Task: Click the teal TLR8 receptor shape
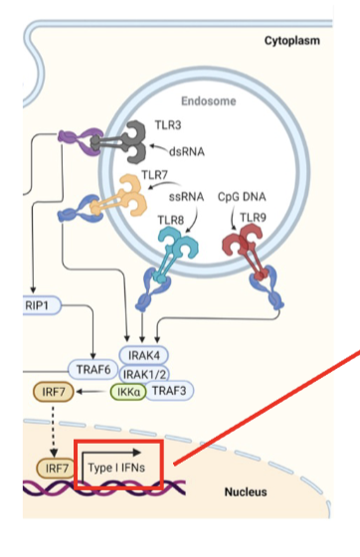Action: click(181, 244)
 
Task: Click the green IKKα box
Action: click(127, 391)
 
